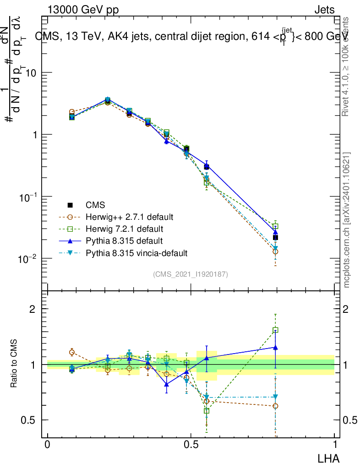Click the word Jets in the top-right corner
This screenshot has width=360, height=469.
tap(324, 10)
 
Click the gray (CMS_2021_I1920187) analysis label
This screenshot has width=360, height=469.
tap(191, 274)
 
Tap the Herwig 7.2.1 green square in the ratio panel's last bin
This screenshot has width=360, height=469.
tap(275, 330)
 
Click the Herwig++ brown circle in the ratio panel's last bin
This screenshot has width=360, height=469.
tap(275, 406)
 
